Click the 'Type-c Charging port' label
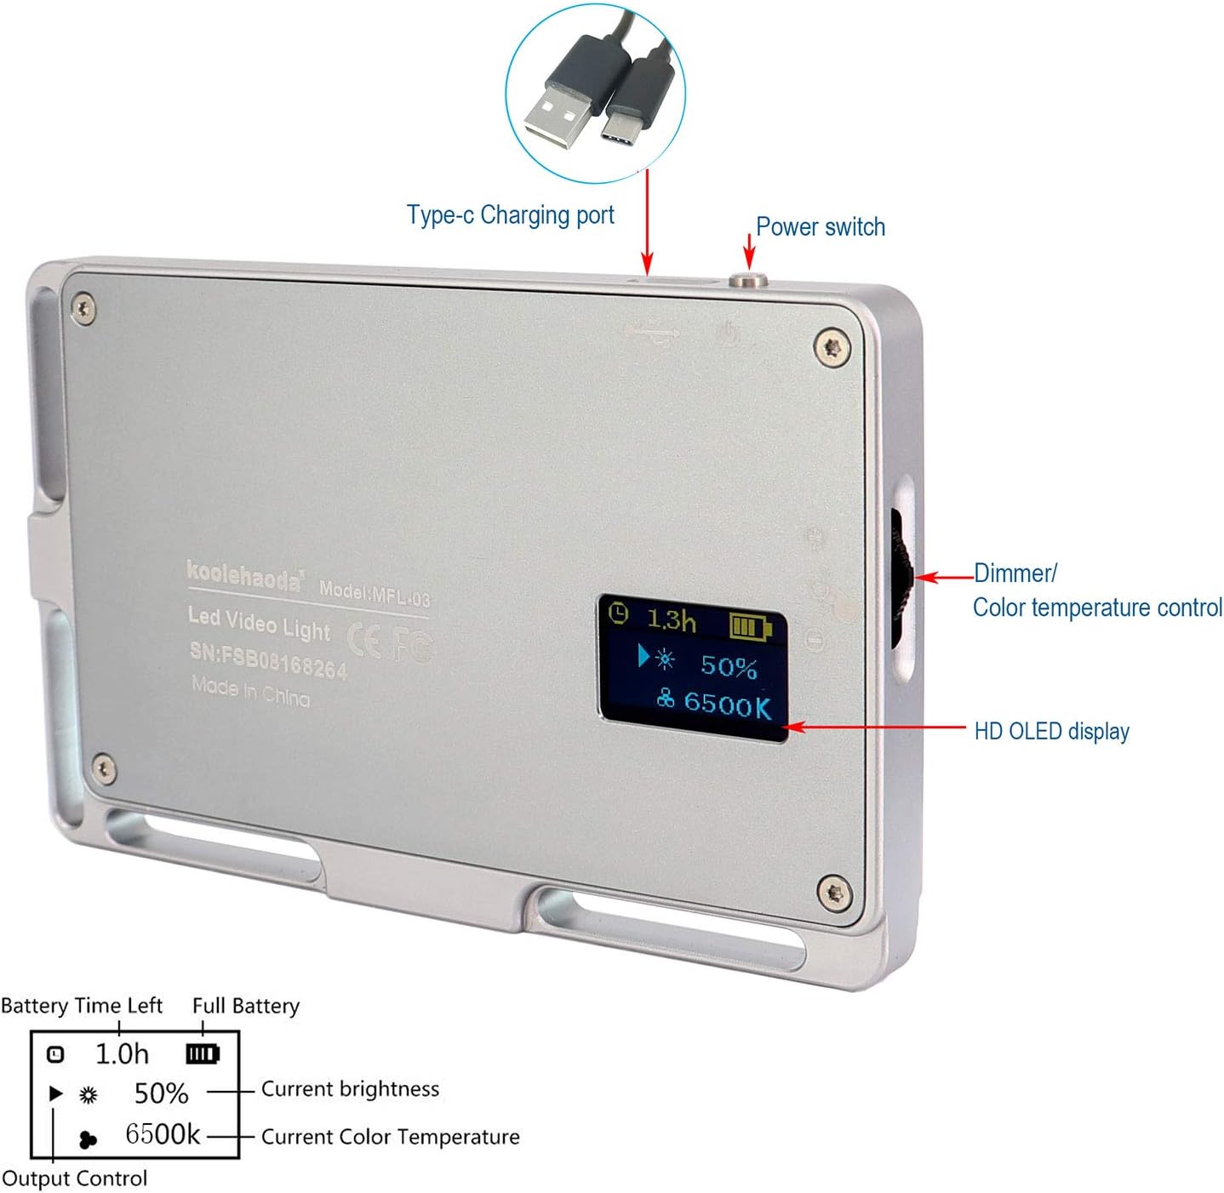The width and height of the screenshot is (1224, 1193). click(x=510, y=215)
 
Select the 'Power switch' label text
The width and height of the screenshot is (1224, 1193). click(x=820, y=227)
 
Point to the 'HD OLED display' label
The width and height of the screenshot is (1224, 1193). click(x=1051, y=731)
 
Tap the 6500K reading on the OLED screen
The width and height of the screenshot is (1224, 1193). click(x=727, y=704)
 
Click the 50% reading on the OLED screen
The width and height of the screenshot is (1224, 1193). click(x=729, y=666)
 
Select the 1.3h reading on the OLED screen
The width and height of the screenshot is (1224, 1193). click(x=671, y=619)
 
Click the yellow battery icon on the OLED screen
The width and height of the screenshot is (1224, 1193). click(x=749, y=627)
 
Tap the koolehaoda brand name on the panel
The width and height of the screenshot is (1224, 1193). click(x=244, y=576)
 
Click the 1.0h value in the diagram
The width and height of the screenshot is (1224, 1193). click(x=122, y=1054)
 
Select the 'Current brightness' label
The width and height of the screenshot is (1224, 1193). click(x=350, y=1089)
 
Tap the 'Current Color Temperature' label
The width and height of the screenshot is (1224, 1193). click(x=390, y=1137)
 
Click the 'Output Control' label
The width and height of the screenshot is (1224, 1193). click(x=75, y=1179)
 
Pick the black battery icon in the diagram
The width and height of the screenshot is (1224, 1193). click(x=203, y=1054)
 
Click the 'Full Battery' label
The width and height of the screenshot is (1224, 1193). click(x=246, y=1006)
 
